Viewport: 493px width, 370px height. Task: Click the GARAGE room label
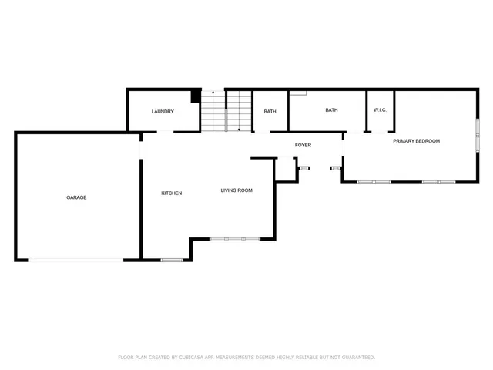pyautogui.click(x=76, y=197)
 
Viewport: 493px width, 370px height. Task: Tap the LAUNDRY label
pyautogui.click(x=163, y=112)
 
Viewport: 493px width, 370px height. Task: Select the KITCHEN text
pyautogui.click(x=171, y=193)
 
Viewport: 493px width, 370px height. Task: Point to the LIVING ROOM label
pyautogui.click(x=236, y=190)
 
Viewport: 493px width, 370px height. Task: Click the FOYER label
pyautogui.click(x=303, y=145)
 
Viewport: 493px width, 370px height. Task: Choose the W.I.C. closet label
pyautogui.click(x=380, y=110)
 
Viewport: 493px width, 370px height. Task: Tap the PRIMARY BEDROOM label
pyautogui.click(x=416, y=141)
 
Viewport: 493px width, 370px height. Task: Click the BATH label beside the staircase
pyautogui.click(x=270, y=112)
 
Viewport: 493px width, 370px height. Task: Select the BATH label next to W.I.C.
pyautogui.click(x=331, y=110)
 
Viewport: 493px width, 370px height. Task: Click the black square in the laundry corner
pyautogui.click(x=196, y=95)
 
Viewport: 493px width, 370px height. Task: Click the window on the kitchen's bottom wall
pyautogui.click(x=172, y=260)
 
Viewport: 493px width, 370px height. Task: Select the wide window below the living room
pyautogui.click(x=234, y=239)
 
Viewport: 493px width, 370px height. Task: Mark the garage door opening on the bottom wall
pyautogui.click(x=75, y=260)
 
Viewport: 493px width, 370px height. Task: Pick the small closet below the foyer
pyautogui.click(x=286, y=170)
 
